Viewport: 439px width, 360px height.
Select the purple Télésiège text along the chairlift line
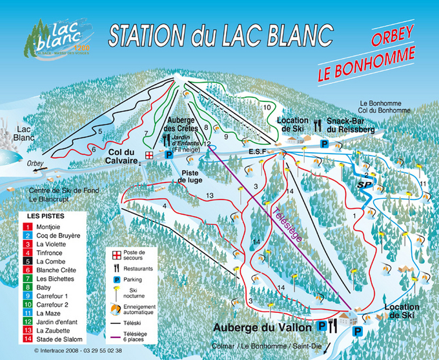tap(285, 225)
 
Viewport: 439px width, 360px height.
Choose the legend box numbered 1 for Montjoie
tap(29, 227)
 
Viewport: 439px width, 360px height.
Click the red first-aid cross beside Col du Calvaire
tap(150, 155)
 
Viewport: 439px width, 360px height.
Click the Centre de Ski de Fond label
tap(62, 191)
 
